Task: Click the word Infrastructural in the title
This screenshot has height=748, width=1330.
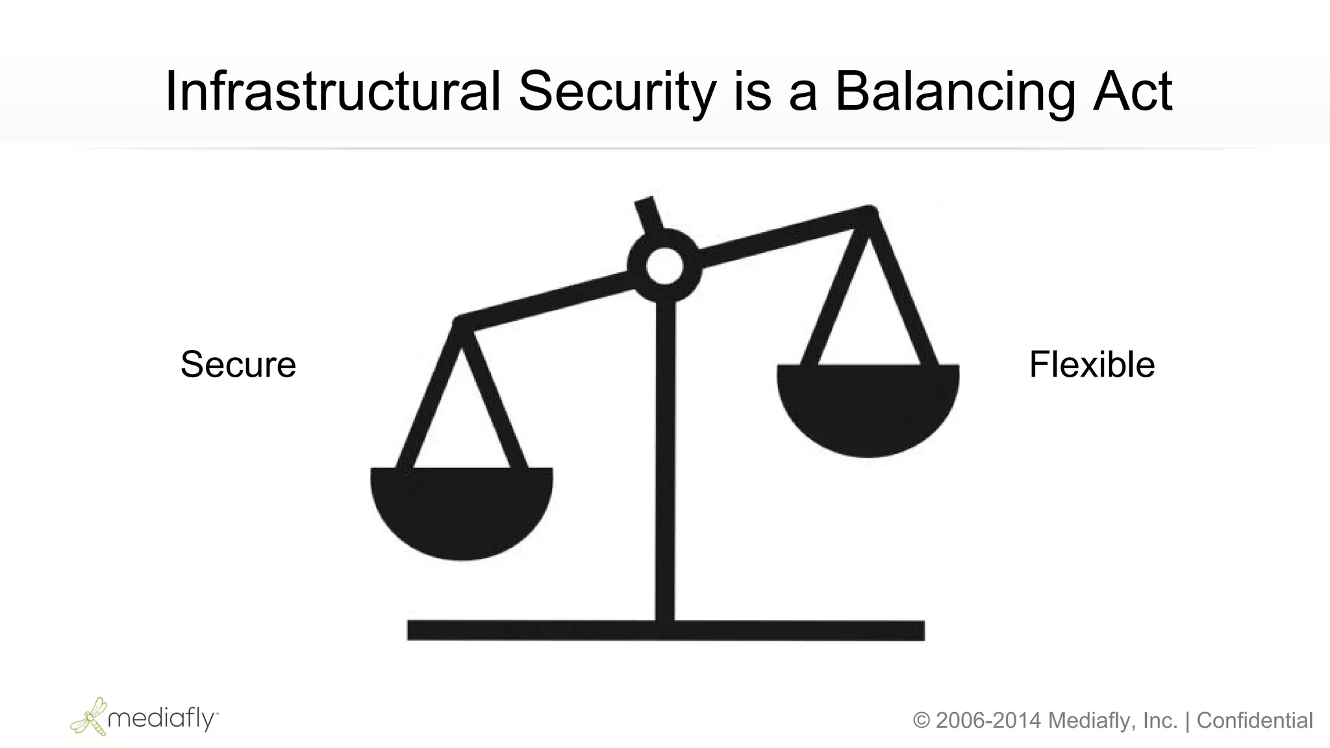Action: pyautogui.click(x=332, y=92)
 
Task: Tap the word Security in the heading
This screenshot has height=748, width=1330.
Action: pyautogui.click(x=616, y=92)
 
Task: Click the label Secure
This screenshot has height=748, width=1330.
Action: pyautogui.click(x=238, y=364)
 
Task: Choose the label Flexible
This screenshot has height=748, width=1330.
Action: pyautogui.click(x=1092, y=364)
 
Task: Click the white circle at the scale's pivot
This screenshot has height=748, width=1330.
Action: pyautogui.click(x=664, y=266)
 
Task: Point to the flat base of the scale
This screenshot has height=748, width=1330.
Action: pyautogui.click(x=665, y=630)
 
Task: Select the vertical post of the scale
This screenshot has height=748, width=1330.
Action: pyautogui.click(x=665, y=455)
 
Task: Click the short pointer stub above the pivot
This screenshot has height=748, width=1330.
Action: pyautogui.click(x=648, y=214)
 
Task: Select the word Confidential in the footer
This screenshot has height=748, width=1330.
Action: pyautogui.click(x=1255, y=721)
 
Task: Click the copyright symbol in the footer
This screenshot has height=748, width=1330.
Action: pyautogui.click(x=922, y=721)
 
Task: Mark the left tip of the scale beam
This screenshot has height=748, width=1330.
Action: pyautogui.click(x=459, y=323)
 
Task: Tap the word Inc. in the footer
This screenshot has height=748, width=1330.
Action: pyautogui.click(x=1160, y=721)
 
